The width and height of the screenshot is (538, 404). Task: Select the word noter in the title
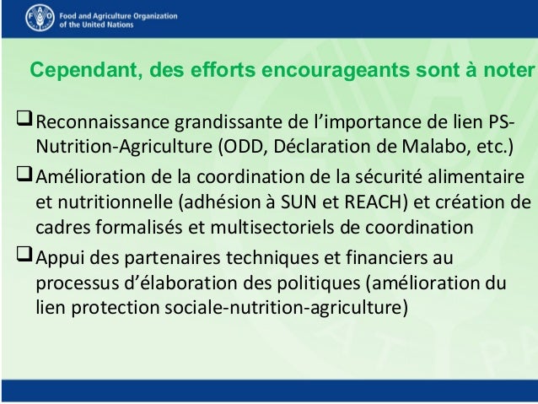point(508,70)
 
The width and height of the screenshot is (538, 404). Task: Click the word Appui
point(57,257)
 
